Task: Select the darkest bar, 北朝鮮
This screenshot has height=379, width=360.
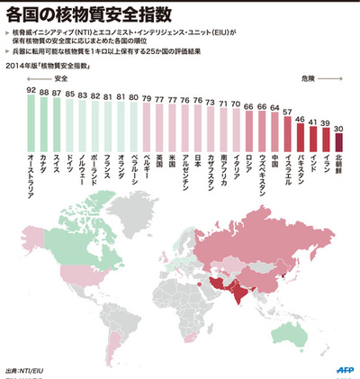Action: point(337,143)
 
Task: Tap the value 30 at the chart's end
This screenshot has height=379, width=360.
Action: point(337,129)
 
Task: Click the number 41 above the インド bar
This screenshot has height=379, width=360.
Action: point(312,122)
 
